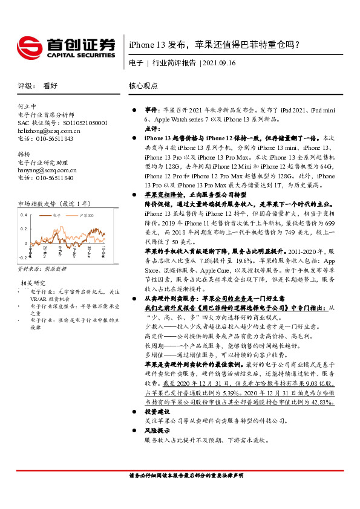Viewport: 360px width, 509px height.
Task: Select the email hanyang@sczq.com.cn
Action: click(47, 170)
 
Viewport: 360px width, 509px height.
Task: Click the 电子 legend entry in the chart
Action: click(56, 215)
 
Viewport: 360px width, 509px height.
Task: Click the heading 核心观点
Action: click(143, 86)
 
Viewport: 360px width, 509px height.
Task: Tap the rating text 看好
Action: click(50, 86)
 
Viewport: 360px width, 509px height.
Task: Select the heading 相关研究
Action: click(33, 283)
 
